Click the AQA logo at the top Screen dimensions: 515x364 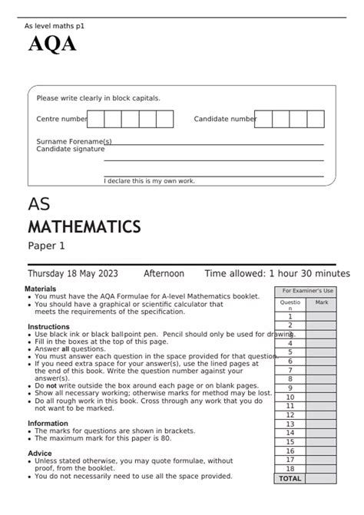pos(52,45)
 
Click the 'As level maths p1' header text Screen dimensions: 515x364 pos(55,25)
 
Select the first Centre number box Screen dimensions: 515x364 pos(96,119)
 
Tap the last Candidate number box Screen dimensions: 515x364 pos(316,119)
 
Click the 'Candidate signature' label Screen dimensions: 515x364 pos(70,149)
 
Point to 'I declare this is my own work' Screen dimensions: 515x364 pos(150,181)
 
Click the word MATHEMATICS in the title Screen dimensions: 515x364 pos(84,227)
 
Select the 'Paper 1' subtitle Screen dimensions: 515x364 pos(47,246)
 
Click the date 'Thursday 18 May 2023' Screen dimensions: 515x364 pos(73,274)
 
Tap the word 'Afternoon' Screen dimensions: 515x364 pos(164,274)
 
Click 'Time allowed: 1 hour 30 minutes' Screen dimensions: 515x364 pos(276,274)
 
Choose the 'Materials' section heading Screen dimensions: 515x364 pos(41,289)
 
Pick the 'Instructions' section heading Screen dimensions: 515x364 pos(48,326)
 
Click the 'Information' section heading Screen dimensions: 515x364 pos(48,423)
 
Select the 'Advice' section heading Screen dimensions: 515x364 pos(40,453)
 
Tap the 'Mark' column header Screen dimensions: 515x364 pos(321,303)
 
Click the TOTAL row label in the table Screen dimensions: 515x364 pos(290,478)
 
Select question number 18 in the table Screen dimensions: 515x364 pos(290,468)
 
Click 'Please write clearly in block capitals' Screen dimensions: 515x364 pos(98,98)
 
